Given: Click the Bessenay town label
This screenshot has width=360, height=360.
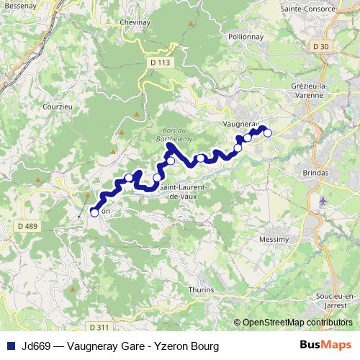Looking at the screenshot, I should [x=21, y=4].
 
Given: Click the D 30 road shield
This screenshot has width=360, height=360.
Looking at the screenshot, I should [x=321, y=47].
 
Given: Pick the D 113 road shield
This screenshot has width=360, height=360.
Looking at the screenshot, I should [x=161, y=63].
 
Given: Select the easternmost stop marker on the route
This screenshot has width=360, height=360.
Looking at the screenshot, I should [x=267, y=132].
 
